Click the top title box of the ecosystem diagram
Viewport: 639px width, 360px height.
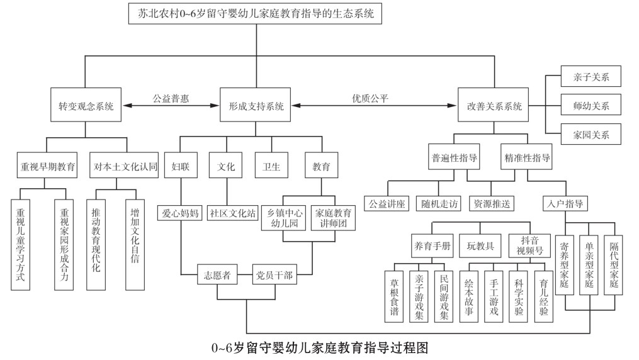point(256,14)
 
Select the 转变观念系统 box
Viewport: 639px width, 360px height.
point(86,106)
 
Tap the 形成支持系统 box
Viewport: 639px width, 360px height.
point(256,106)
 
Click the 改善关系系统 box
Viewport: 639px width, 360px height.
point(490,106)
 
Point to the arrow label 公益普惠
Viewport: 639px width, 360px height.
point(171,98)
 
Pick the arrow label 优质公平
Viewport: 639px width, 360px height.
point(370,98)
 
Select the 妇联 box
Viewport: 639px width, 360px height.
point(181,167)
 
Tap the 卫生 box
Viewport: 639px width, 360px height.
point(271,167)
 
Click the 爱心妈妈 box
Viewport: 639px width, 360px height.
point(181,213)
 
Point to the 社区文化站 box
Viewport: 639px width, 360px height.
point(232,213)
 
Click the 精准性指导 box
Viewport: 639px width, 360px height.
point(527,158)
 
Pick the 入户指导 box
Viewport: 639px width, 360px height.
point(564,204)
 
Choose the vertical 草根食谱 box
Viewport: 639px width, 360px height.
point(395,296)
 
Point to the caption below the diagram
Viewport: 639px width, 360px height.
point(319,347)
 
